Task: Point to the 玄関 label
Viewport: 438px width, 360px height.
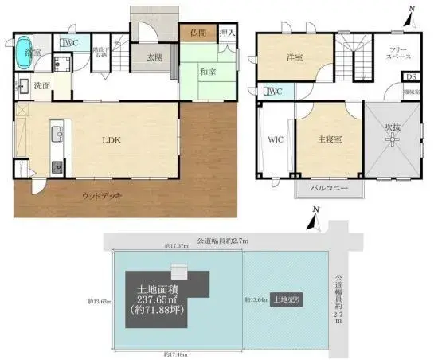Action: point(156,57)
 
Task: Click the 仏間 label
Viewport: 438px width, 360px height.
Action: point(198,33)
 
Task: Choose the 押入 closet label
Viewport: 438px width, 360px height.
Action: point(227,33)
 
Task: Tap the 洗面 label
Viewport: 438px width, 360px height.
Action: point(42,85)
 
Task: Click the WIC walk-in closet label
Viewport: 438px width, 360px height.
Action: point(276,139)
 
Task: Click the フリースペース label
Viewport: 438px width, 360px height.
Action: point(398,53)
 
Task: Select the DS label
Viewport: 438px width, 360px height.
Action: point(410,77)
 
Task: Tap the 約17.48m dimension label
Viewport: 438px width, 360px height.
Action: point(178,353)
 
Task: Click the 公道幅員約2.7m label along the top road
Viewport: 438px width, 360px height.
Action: point(218,237)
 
